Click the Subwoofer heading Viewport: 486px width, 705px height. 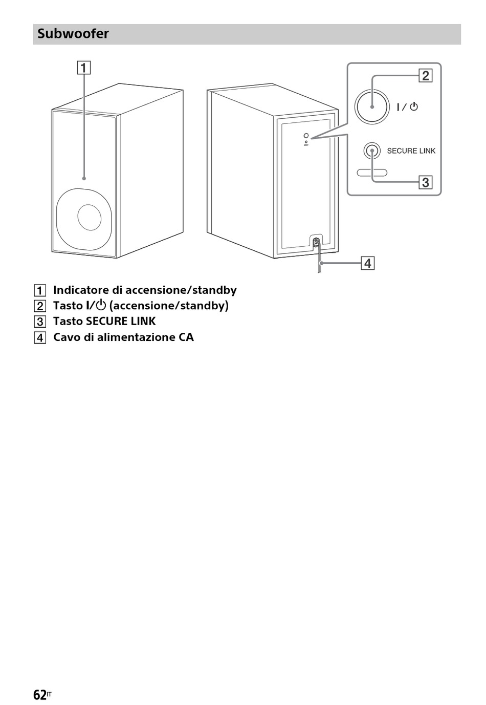pyautogui.click(x=73, y=33)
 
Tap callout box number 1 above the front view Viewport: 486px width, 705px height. pyautogui.click(x=84, y=68)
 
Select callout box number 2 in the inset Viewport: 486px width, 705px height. pyautogui.click(x=425, y=76)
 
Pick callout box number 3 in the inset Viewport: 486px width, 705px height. pyautogui.click(x=425, y=182)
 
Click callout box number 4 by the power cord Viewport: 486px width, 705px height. pyautogui.click(x=367, y=263)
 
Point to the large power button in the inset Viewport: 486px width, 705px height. pyautogui.click(x=372, y=106)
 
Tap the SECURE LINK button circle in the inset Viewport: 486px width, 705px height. pyautogui.click(x=372, y=151)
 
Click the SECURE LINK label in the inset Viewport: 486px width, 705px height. pyautogui.click(x=411, y=151)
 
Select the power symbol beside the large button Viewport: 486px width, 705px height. pyautogui.click(x=414, y=106)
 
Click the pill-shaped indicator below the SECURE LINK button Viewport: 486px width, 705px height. pyautogui.click(x=372, y=173)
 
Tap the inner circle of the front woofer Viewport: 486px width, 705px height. pyautogui.click(x=90, y=217)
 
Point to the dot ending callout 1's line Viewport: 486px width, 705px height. pyautogui.click(x=84, y=179)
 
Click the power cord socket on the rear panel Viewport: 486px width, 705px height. pyautogui.click(x=316, y=242)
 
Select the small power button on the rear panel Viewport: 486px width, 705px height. pyautogui.click(x=306, y=136)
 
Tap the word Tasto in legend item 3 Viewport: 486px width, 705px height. pyautogui.click(x=68, y=322)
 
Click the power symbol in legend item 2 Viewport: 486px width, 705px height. pyautogui.click(x=101, y=305)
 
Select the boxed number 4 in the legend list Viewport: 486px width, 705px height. pyautogui.click(x=40, y=338)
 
